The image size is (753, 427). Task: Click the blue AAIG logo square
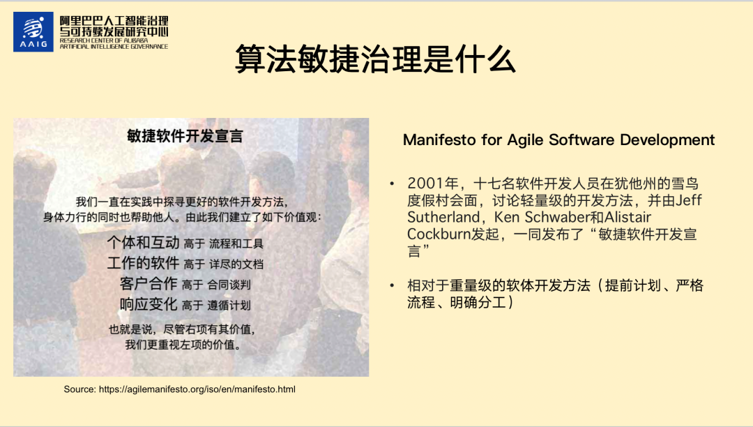[33, 31]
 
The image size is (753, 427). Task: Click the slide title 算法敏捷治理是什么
[376, 59]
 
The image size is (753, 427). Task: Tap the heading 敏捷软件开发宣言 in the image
[185, 136]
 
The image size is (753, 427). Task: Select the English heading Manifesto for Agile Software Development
[558, 140]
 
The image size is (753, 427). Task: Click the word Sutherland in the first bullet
[443, 217]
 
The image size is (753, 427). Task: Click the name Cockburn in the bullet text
[439, 234]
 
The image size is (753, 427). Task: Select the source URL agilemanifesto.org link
[197, 389]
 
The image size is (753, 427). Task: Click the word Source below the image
[79, 389]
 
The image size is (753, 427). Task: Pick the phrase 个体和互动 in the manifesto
[143, 242]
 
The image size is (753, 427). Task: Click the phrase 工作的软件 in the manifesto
[143, 263]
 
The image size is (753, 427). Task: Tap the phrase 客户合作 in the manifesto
[149, 283]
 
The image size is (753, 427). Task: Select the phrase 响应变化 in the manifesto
[149, 304]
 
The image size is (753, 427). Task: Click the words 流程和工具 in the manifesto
[236, 244]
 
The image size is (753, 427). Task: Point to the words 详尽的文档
[236, 264]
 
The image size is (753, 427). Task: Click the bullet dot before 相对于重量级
[393, 286]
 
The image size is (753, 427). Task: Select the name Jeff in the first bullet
[689, 200]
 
